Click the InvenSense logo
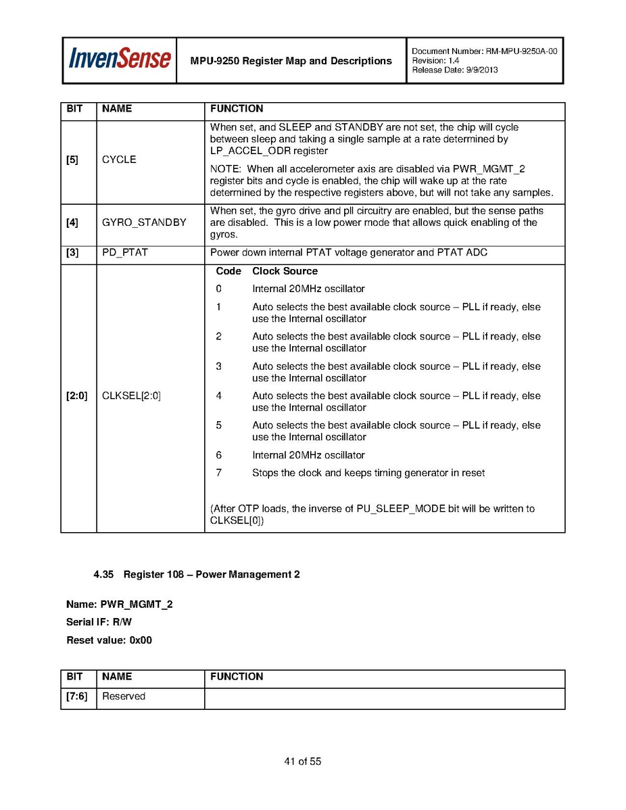pos(119,59)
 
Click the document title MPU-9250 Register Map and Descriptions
pos(291,61)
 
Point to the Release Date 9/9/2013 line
pos(454,70)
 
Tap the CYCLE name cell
pos(119,160)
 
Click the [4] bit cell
pos(72,222)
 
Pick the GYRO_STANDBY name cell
pos(143,222)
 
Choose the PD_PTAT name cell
pos(124,253)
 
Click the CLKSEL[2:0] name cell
pos(131,396)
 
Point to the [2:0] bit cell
pos(76,396)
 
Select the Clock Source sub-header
pos(285,271)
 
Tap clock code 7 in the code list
pos(218,473)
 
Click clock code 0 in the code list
pos(218,289)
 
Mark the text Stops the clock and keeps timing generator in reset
pos(368,473)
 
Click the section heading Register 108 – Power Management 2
pos(211,574)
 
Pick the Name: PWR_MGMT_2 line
pos(119,604)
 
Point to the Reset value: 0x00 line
pos(109,640)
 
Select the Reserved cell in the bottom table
pos(124,696)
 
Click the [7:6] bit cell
pos(76,696)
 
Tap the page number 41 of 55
pos(302,761)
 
